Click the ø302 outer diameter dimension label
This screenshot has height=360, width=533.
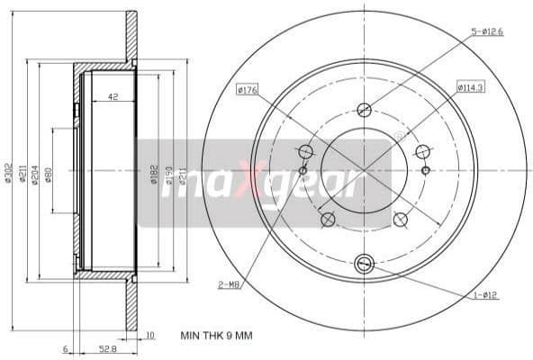click(8, 173)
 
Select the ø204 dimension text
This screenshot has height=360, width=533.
click(35, 173)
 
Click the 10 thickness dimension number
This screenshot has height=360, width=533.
click(149, 336)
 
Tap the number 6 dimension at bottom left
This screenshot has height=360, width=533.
click(67, 347)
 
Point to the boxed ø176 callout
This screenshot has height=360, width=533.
click(248, 88)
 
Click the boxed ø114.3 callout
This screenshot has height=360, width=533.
click(471, 87)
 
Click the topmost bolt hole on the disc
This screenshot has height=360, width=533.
click(364, 111)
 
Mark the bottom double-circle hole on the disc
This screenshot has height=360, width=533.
click(364, 263)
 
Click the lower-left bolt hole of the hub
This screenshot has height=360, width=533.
click(328, 220)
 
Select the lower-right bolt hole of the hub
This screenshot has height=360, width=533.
click(401, 220)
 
